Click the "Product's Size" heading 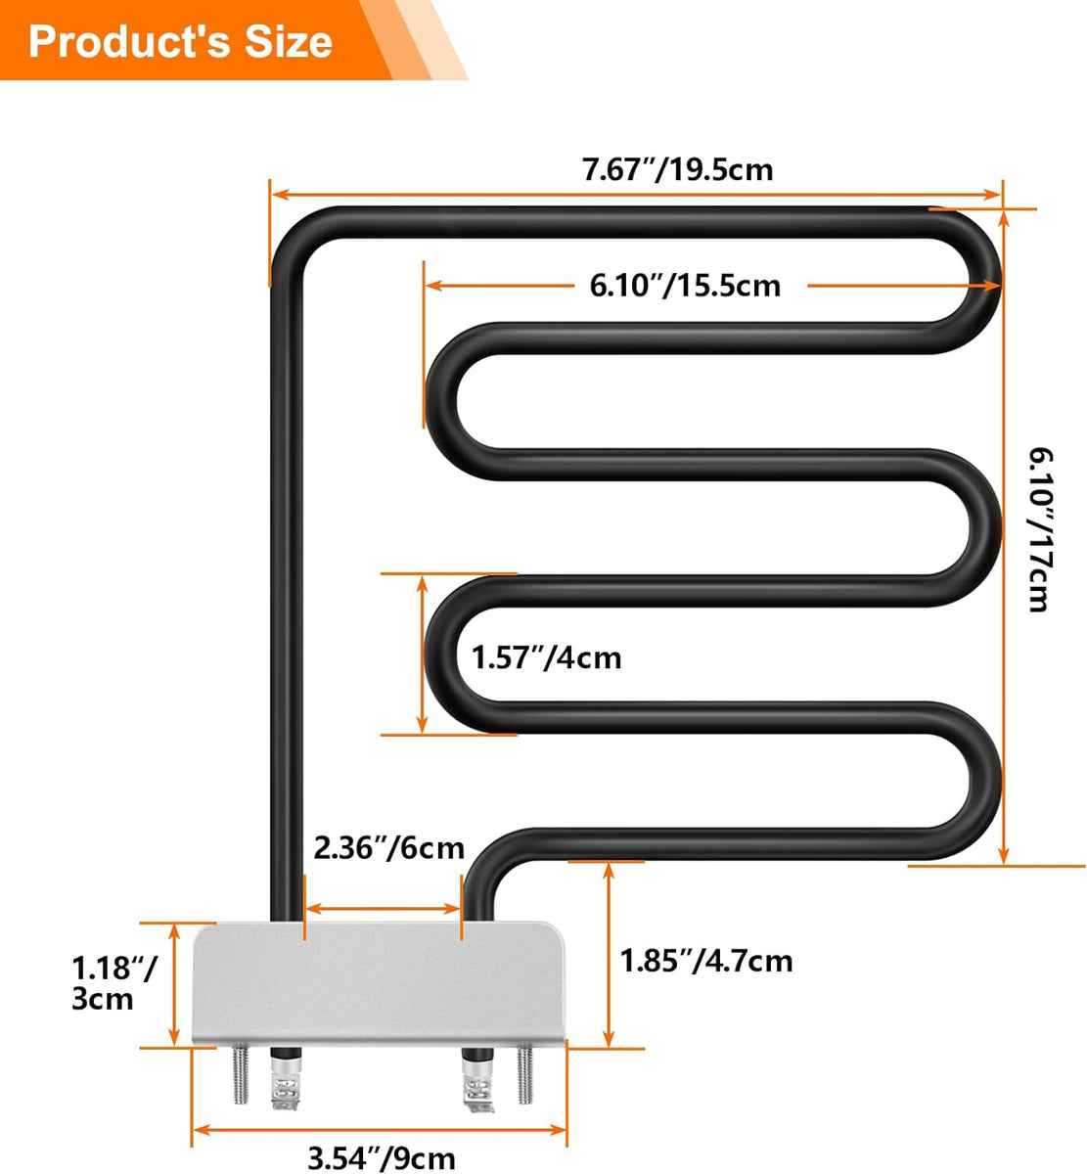(181, 41)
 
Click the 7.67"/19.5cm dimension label (678, 170)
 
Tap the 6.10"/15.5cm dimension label (685, 286)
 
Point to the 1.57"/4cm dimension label (546, 656)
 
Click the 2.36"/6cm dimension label (388, 847)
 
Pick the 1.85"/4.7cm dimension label (706, 961)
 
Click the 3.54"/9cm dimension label (381, 1159)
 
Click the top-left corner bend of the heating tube (294, 235)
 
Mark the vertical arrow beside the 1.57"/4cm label (423, 654)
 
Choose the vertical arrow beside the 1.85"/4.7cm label (609, 955)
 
